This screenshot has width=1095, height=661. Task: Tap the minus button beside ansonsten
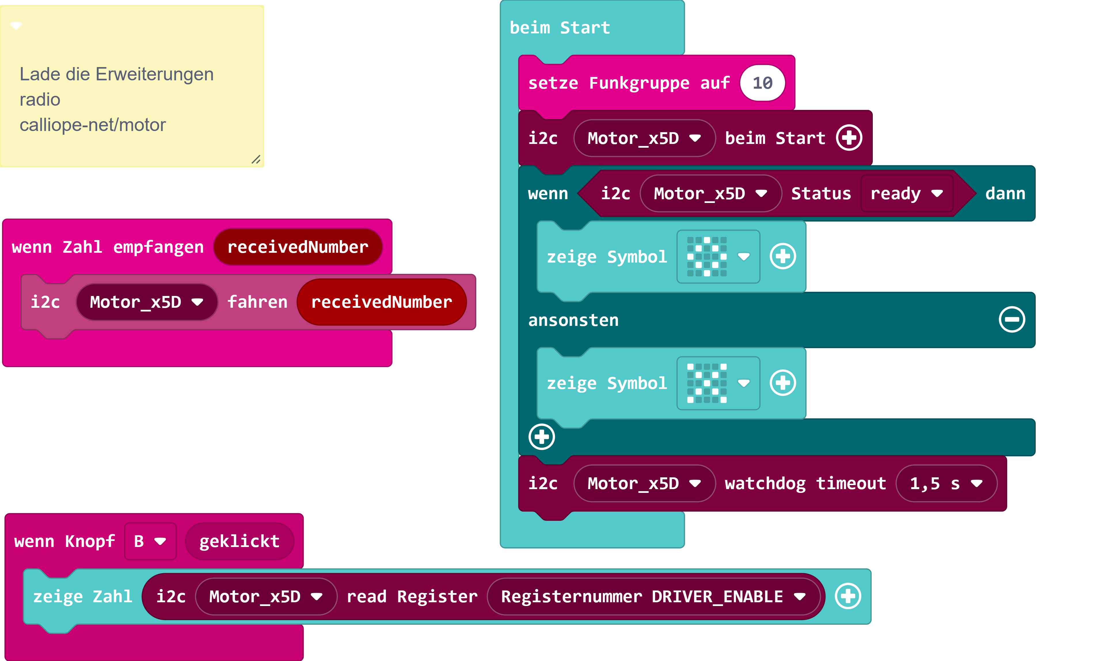(x=1012, y=320)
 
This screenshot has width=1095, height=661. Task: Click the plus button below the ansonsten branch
(x=541, y=437)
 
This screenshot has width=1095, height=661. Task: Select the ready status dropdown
(x=906, y=194)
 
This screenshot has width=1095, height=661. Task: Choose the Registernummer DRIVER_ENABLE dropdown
(x=653, y=597)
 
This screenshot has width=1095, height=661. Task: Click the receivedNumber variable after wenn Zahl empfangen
(x=298, y=247)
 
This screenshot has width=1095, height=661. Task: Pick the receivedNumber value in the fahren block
(x=381, y=302)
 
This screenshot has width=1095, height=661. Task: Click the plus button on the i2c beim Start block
(x=849, y=138)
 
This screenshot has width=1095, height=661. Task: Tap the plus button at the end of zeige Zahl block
(x=847, y=597)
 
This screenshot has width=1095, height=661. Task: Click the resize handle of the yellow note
(x=256, y=159)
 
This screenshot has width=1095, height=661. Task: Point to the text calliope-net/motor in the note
(x=92, y=125)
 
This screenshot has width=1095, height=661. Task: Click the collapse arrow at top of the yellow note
(x=16, y=25)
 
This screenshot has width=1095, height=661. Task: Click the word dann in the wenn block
(x=1005, y=194)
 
